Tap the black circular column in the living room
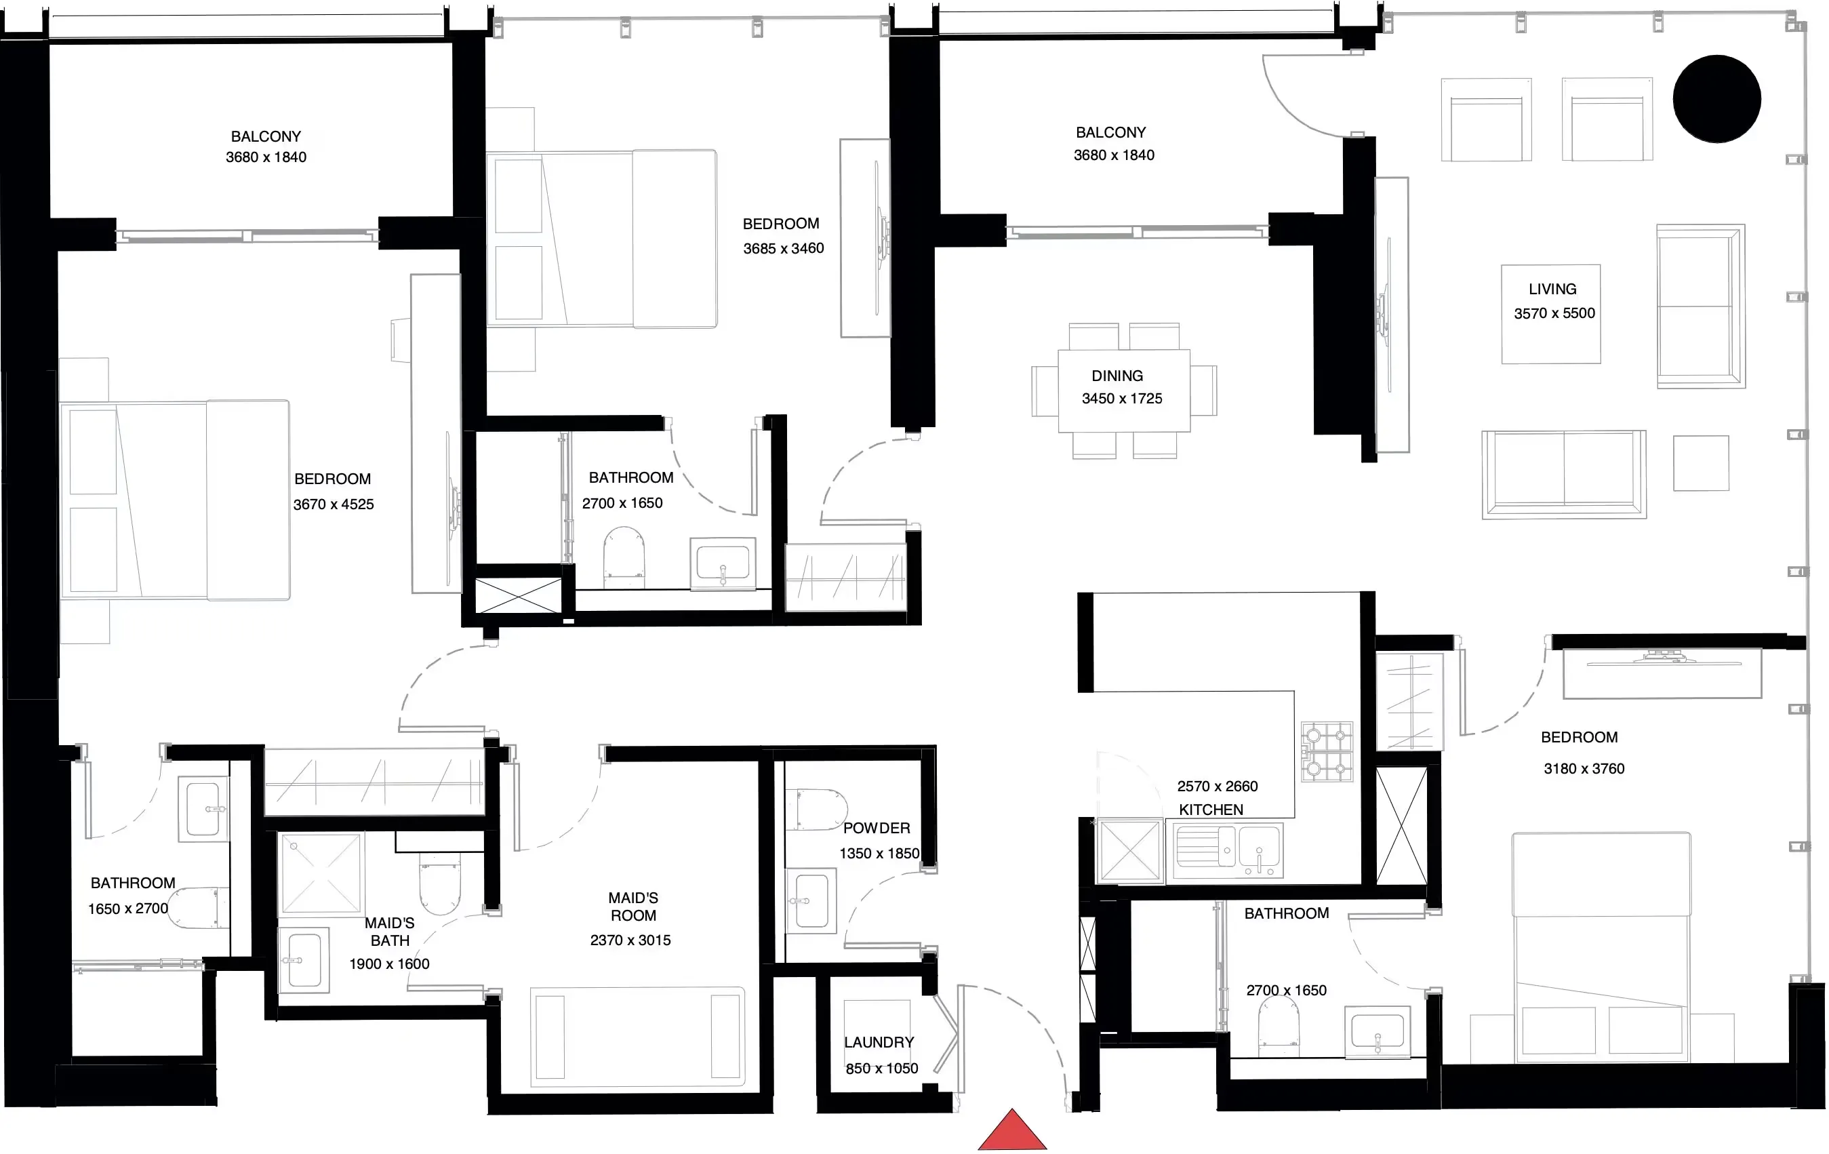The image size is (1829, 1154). tap(1716, 99)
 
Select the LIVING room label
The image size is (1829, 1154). tap(1552, 289)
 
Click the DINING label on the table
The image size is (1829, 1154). tap(1117, 376)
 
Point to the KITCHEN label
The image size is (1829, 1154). tap(1211, 810)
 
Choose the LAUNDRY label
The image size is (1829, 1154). tap(879, 1042)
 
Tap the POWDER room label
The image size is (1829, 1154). tap(877, 828)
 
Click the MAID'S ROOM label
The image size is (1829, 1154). tap(633, 907)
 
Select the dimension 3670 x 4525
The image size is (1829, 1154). tap(334, 504)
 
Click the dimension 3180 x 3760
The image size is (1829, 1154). tap(1584, 768)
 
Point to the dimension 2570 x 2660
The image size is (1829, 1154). tap(1218, 786)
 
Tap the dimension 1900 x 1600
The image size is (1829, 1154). tap(389, 963)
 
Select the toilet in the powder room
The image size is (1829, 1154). tap(816, 810)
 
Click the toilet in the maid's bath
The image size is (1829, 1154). tap(440, 887)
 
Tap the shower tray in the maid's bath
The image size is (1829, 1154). tap(321, 873)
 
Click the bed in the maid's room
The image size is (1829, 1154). tap(637, 1036)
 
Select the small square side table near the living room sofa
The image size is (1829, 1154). tap(1702, 462)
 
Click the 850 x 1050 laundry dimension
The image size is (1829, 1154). tap(882, 1068)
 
